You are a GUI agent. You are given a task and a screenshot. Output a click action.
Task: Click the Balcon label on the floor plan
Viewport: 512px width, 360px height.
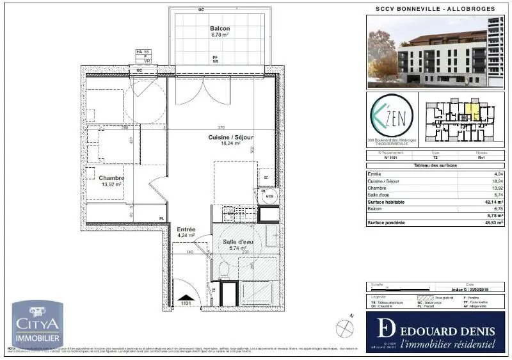(x=220, y=29)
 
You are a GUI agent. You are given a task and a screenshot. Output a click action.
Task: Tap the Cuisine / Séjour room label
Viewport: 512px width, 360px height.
(x=230, y=137)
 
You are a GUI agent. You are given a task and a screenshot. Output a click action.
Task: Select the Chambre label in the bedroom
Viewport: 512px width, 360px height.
(x=111, y=178)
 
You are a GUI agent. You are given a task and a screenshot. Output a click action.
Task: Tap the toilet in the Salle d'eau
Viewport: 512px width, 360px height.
(x=223, y=268)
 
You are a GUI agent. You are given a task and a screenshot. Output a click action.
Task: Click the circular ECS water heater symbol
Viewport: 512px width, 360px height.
(x=269, y=197)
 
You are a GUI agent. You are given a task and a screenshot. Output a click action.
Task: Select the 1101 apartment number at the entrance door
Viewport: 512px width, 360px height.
(x=186, y=303)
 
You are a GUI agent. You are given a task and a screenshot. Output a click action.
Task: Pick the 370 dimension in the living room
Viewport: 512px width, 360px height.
(x=221, y=127)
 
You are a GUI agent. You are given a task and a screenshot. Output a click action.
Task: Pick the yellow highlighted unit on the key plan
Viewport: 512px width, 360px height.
(x=472, y=113)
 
